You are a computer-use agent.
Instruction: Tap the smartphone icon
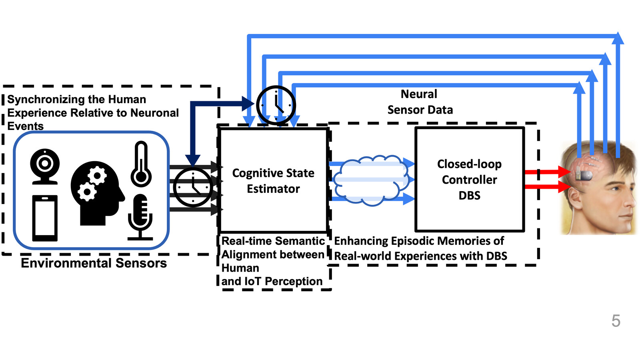coord(45,218)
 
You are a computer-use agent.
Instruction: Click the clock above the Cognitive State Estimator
coord(276,105)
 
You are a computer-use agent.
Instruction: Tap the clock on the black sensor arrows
coord(193,187)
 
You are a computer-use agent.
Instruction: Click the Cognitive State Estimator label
coord(273,181)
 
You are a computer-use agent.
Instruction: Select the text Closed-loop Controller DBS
coord(469,180)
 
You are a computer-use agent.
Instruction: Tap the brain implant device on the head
coord(584,175)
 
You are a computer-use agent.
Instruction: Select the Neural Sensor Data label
coord(420,102)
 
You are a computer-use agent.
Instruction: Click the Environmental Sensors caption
coord(94,263)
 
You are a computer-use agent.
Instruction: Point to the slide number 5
coord(616,321)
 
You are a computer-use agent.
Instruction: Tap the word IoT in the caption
coord(252,281)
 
